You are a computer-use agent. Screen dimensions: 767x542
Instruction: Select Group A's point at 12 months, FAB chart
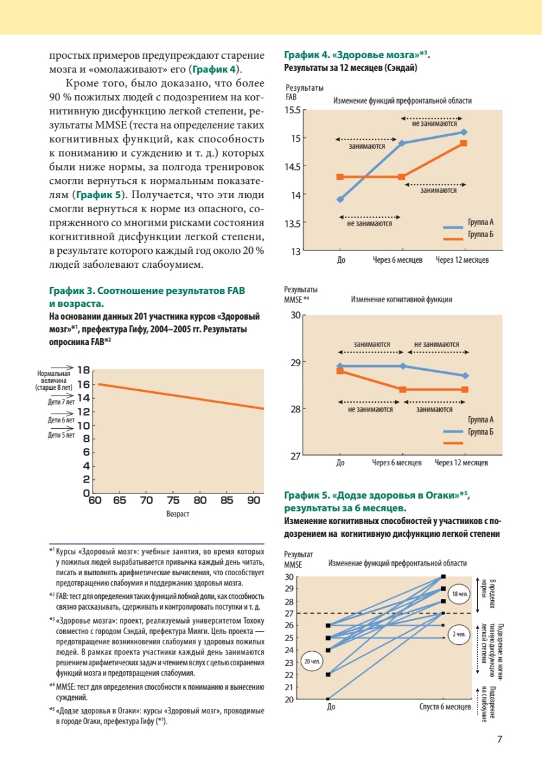464,132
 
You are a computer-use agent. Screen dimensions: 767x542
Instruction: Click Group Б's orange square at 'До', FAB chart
340,176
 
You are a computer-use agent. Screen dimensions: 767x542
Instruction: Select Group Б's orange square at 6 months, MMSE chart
402,389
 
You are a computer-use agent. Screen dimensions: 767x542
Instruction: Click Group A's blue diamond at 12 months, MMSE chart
465,376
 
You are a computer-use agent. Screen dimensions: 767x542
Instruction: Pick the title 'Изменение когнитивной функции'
402,298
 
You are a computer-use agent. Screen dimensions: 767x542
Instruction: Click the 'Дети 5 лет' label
61,435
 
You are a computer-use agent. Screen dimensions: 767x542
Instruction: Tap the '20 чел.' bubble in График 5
311,662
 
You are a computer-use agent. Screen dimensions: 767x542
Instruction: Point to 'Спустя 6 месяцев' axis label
446,707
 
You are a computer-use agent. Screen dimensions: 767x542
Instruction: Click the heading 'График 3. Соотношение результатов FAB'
147,291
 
